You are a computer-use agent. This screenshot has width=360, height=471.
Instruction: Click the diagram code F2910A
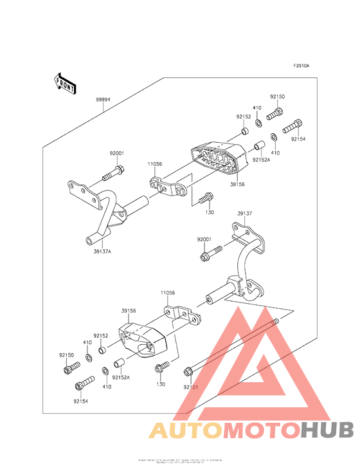click(x=301, y=66)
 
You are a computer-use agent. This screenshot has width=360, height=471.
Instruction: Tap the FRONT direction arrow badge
click(x=65, y=82)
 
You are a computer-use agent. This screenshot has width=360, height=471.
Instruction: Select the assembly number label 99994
click(x=103, y=100)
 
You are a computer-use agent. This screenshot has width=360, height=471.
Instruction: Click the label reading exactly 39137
click(x=244, y=213)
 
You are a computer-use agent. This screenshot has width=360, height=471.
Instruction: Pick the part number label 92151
click(x=191, y=387)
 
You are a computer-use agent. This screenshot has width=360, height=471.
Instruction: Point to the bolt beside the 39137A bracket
click(x=113, y=172)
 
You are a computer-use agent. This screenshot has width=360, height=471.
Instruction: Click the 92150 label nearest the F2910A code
click(x=277, y=97)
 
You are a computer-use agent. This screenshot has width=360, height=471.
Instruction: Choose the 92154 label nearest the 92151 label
click(x=80, y=401)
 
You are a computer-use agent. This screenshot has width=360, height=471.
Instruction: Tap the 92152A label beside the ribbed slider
click(x=260, y=160)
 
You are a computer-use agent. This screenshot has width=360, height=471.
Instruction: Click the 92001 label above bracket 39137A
click(x=116, y=153)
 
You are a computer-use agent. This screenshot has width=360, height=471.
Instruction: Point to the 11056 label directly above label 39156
click(x=167, y=293)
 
